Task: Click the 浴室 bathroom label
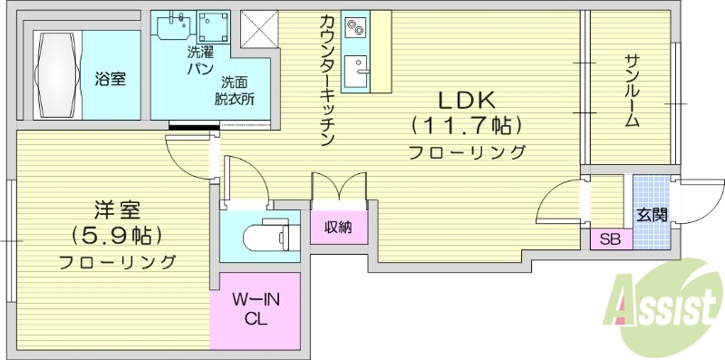click(x=110, y=79)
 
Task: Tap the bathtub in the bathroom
click(x=56, y=74)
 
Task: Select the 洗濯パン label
click(x=199, y=61)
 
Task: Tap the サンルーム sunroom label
click(x=633, y=91)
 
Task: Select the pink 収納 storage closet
click(x=339, y=227)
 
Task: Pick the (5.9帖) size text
click(x=118, y=237)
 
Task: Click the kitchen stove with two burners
click(x=356, y=29)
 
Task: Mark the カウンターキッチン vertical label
click(x=328, y=82)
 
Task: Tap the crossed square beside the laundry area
click(x=258, y=29)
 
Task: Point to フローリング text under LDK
click(x=468, y=151)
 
